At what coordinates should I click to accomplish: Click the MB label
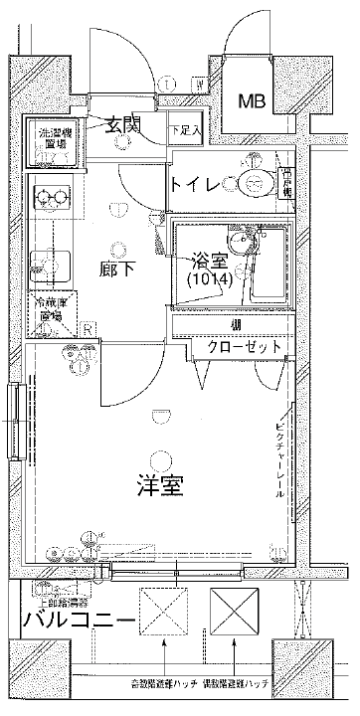[252, 100]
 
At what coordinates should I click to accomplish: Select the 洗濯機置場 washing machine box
[52, 138]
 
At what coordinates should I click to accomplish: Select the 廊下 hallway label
[117, 269]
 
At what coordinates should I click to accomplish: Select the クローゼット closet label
[244, 346]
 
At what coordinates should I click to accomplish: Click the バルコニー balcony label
[79, 623]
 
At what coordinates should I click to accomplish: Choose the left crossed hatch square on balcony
[162, 611]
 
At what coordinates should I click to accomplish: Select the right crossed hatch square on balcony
[234, 610]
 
